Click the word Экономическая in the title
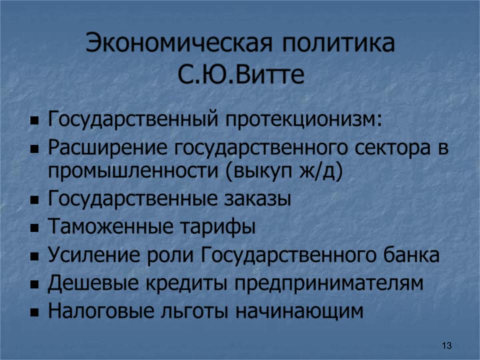point(179,43)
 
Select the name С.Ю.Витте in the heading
point(241,74)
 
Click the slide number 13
point(446,345)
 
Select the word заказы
point(258,199)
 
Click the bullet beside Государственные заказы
point(35,201)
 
